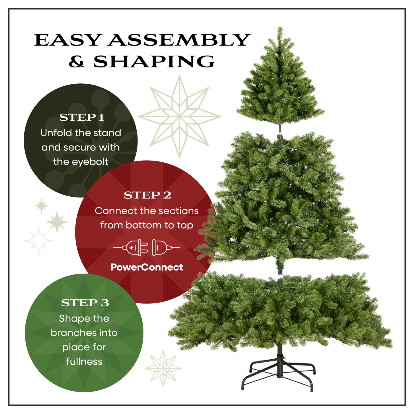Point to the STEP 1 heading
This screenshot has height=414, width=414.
point(82,117)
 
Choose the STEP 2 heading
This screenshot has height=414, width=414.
point(147,195)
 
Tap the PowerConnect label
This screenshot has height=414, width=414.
point(147,267)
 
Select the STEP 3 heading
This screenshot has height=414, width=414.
point(85,303)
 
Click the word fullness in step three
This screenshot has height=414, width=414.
point(84,361)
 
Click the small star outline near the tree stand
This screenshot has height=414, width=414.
point(163,368)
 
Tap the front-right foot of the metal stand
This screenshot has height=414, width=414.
point(312,390)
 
